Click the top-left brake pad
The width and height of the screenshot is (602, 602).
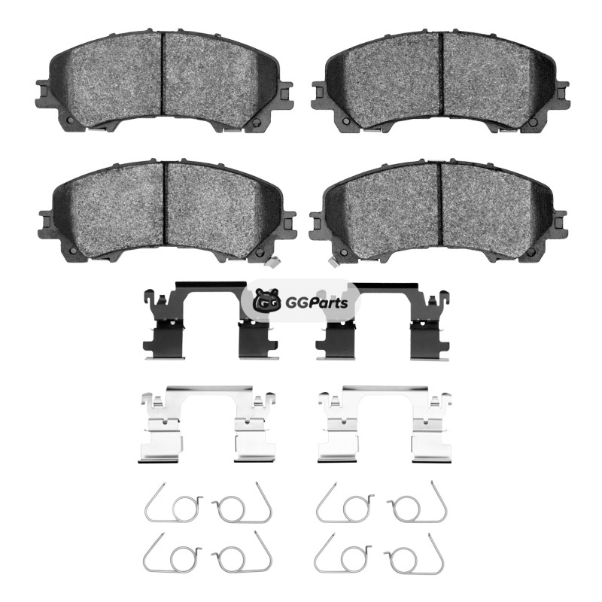[x=165, y=80]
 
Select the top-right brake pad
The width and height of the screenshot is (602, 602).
[x=441, y=81]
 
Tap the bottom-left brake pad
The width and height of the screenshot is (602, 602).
[x=166, y=211]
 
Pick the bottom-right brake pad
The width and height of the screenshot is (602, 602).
[x=439, y=211]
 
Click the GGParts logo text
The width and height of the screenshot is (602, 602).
[x=317, y=303]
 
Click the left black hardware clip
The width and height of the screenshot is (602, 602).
[x=211, y=321]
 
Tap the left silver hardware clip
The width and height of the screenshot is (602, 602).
[x=208, y=423]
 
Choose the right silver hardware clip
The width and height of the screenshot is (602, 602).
[x=385, y=423]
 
